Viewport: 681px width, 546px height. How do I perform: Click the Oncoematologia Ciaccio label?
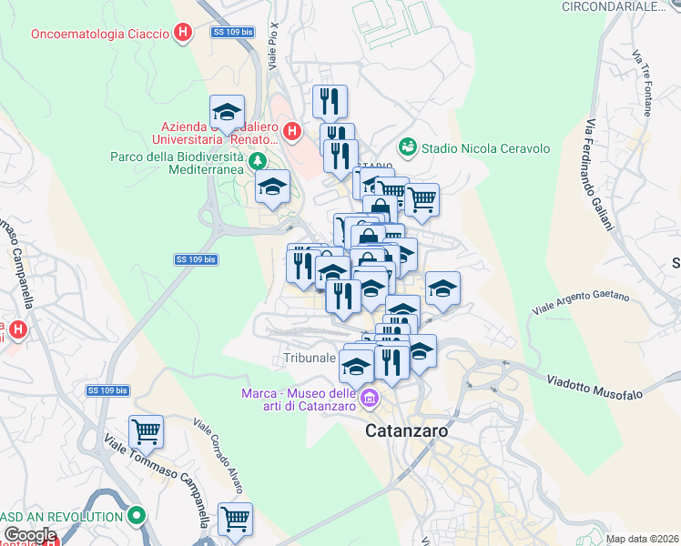pyautogui.click(x=100, y=34)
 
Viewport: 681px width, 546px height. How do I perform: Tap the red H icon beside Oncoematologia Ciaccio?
pyautogui.click(x=183, y=34)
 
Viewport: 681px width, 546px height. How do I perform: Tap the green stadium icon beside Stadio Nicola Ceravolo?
pyautogui.click(x=407, y=147)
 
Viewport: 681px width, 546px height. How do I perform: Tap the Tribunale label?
pyautogui.click(x=310, y=358)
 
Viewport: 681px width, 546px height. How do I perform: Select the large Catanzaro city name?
pyautogui.click(x=407, y=431)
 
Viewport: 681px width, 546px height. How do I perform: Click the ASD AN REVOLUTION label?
pyautogui.click(x=63, y=516)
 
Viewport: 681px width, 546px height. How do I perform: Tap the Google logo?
pyautogui.click(x=30, y=535)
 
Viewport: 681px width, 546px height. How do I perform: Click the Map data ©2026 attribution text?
pyautogui.click(x=642, y=539)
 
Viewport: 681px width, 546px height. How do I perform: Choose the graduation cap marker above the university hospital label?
pyautogui.click(x=227, y=112)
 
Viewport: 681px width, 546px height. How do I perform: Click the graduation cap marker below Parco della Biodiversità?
pyautogui.click(x=272, y=187)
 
